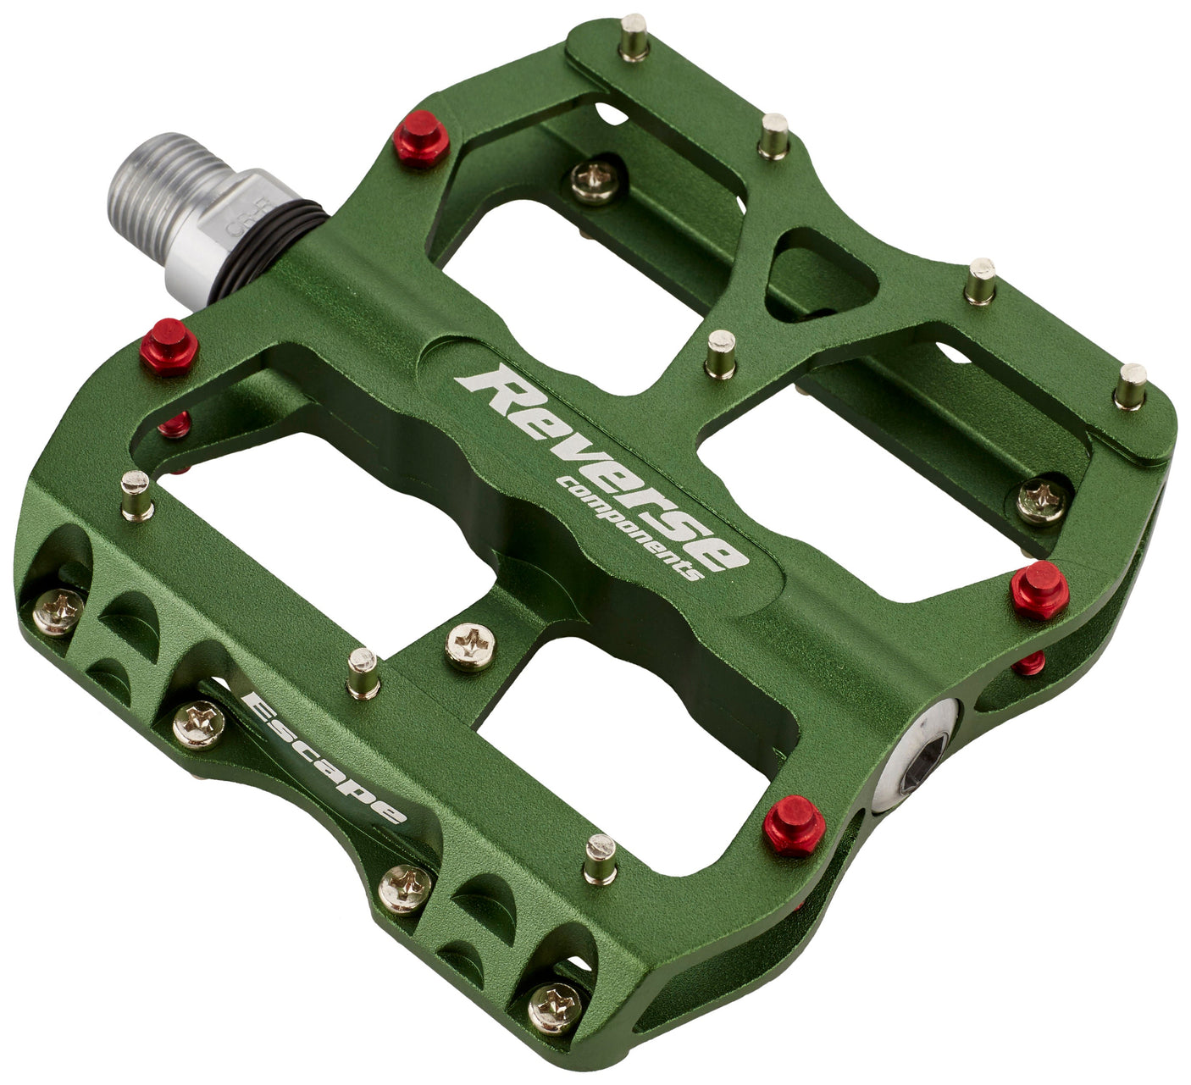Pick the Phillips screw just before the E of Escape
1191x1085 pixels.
click(x=199, y=725)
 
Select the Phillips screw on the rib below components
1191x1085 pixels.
click(x=470, y=648)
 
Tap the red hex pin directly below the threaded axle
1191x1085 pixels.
click(x=169, y=346)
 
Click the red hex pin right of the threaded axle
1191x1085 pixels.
click(x=421, y=138)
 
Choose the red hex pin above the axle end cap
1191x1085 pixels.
click(x=1039, y=590)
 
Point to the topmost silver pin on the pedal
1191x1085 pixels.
click(x=633, y=39)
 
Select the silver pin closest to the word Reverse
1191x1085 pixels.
click(x=721, y=354)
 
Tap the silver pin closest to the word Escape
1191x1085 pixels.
click(x=363, y=673)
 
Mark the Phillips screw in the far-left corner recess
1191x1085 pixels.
click(x=58, y=612)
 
